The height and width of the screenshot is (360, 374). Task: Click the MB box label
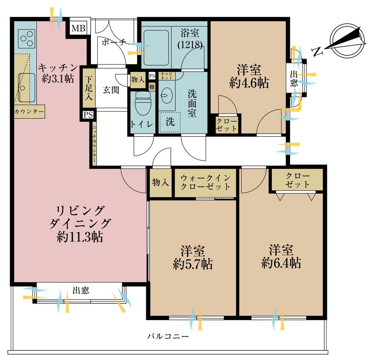pos(79,28)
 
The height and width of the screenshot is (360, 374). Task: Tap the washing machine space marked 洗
pos(170,122)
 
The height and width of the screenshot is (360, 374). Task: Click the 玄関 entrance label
pos(111,90)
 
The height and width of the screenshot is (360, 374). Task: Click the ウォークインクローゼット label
pos(205,182)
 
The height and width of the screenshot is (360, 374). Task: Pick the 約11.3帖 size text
pos(80,237)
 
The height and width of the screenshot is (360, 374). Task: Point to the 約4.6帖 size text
pos(249,83)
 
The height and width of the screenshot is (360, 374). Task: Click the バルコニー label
pos(168,336)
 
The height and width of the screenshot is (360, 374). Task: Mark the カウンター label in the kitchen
pos(29,112)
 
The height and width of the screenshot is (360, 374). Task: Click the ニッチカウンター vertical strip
pos(94,144)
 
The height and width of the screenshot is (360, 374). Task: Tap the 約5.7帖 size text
pos(193,264)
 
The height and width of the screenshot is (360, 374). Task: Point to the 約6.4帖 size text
pos(280,263)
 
